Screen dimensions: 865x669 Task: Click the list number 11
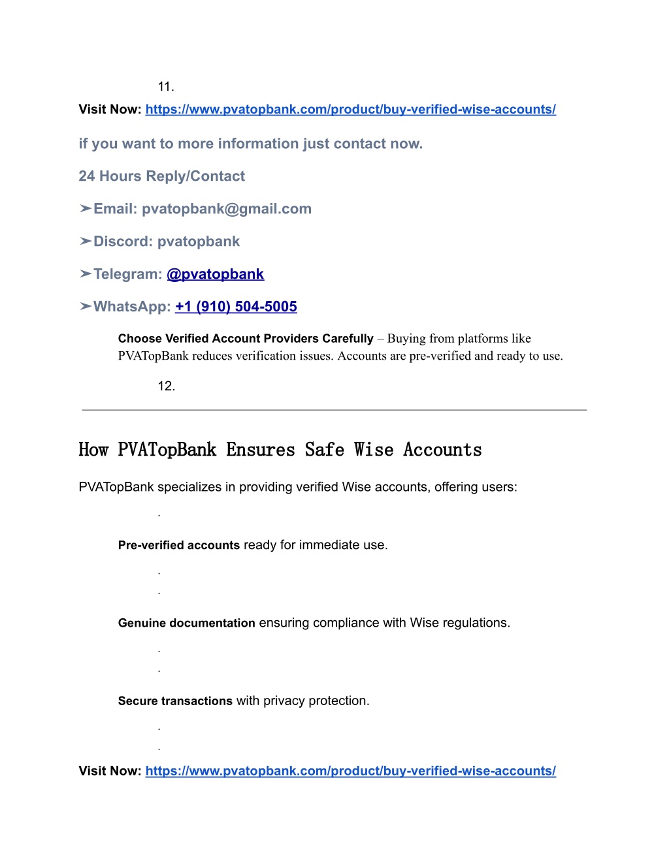[165, 87]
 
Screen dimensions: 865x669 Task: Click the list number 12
[166, 386]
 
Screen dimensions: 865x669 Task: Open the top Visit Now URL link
[350, 110]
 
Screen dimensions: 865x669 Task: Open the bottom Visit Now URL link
[350, 771]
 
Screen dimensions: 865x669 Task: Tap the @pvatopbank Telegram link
[215, 274]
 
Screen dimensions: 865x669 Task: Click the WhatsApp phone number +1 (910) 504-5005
[236, 307]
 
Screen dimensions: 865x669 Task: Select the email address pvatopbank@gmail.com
[226, 209]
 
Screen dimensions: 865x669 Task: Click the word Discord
[122, 242]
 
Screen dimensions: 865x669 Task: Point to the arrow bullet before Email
[85, 209]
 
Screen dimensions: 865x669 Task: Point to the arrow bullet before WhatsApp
[85, 307]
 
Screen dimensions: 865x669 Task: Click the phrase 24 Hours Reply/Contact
[161, 176]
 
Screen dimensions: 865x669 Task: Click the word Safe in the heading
[324, 450]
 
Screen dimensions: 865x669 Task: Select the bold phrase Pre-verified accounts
[178, 545]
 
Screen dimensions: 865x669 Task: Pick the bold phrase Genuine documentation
[186, 623]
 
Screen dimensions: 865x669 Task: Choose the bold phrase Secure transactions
[175, 701]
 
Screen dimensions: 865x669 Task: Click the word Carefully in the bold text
[346, 339]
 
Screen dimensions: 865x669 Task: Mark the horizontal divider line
[334, 410]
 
